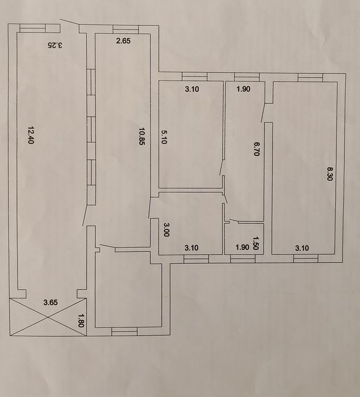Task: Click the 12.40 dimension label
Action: click(x=31, y=135)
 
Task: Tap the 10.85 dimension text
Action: click(x=141, y=136)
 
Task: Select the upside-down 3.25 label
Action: click(x=55, y=45)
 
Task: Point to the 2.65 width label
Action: click(x=123, y=41)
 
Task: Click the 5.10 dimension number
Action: click(x=164, y=137)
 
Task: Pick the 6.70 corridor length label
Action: click(x=257, y=149)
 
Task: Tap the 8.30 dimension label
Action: click(x=329, y=174)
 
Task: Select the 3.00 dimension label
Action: click(x=166, y=230)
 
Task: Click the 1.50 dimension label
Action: click(x=256, y=243)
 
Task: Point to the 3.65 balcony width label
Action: click(x=51, y=302)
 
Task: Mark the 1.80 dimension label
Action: click(x=81, y=320)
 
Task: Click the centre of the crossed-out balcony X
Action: click(x=48, y=317)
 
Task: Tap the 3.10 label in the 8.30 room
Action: click(x=302, y=248)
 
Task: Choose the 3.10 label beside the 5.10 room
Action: click(x=192, y=89)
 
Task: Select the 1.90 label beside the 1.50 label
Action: click(x=242, y=247)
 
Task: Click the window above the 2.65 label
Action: click(x=125, y=29)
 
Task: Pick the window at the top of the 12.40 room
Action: click(x=33, y=28)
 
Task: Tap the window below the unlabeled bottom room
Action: click(x=124, y=331)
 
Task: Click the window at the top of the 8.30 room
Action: click(x=311, y=78)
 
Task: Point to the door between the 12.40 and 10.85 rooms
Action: click(x=86, y=215)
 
